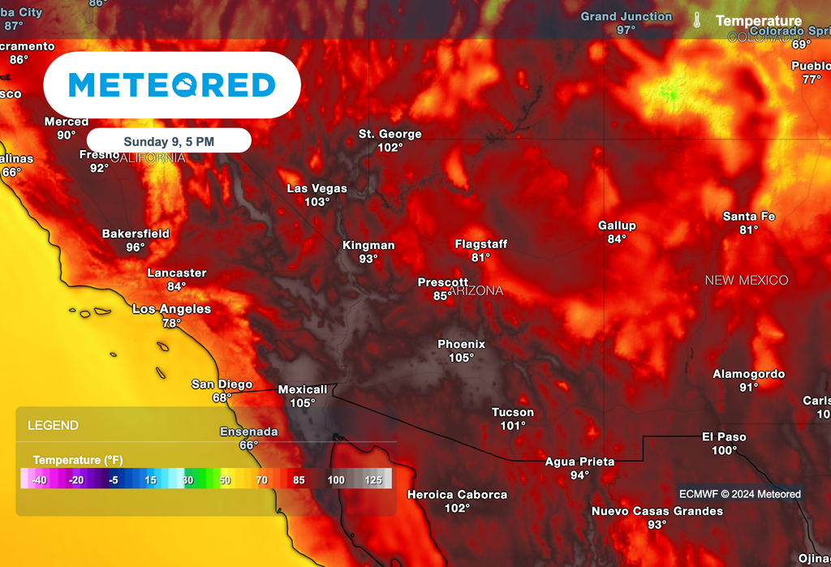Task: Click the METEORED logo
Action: tap(172, 85)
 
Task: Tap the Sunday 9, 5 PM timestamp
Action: tap(169, 141)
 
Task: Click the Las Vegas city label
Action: tap(316, 188)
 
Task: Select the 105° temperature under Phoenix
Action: tap(461, 358)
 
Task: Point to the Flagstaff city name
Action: tap(480, 243)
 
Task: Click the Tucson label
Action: tap(513, 412)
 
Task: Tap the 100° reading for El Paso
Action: tap(724, 450)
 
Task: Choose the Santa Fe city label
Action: tap(749, 217)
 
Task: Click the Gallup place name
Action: tap(617, 226)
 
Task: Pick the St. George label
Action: tap(390, 134)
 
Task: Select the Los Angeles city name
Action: tap(171, 309)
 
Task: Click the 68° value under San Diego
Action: tap(222, 397)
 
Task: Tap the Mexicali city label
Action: tap(303, 389)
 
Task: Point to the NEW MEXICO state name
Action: tap(746, 280)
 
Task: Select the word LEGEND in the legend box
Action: tap(53, 425)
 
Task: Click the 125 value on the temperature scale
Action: tap(373, 479)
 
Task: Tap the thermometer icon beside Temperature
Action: tap(697, 20)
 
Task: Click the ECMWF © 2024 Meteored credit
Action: tap(739, 494)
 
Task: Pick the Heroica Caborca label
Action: tap(457, 494)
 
